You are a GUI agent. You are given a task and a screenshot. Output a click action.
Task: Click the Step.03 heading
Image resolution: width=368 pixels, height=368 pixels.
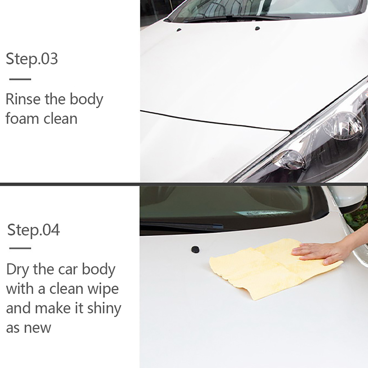point(32,59)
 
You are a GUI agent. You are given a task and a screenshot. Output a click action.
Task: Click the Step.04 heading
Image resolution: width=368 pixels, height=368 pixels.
point(34,230)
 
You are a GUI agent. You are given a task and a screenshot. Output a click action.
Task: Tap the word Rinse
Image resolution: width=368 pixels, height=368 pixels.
point(23,99)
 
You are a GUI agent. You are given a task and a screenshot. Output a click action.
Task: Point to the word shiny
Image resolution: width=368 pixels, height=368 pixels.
point(104,309)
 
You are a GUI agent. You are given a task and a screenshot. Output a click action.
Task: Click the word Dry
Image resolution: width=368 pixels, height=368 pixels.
point(17,270)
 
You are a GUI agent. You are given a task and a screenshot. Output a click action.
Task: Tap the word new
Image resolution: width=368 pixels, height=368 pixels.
point(38,328)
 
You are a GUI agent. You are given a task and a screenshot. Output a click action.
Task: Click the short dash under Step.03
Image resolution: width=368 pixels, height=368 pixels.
point(20,79)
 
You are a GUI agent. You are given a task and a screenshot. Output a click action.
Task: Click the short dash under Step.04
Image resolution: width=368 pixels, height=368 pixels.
point(20,248)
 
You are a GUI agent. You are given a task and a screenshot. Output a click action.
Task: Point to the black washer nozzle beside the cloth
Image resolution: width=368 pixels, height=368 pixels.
point(195,249)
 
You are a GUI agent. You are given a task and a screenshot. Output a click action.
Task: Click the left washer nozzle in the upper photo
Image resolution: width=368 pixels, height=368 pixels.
point(179,30)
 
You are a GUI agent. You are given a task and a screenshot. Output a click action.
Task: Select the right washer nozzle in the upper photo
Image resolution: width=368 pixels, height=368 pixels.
point(257,29)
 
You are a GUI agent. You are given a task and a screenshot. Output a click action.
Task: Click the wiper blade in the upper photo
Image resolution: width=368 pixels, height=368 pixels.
point(237,17)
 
